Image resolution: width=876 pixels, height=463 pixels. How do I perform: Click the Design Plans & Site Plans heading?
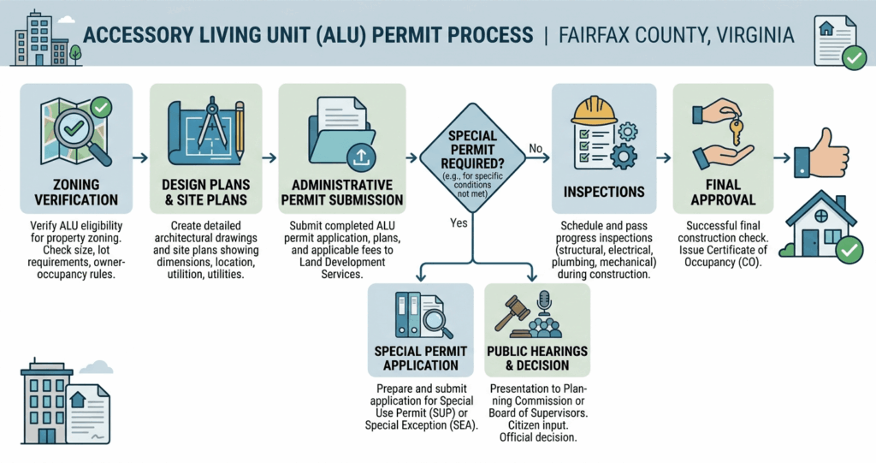(x=205, y=193)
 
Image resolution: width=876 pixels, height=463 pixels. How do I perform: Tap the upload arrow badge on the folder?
(x=360, y=157)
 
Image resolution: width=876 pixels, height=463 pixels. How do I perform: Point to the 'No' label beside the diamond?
(x=536, y=149)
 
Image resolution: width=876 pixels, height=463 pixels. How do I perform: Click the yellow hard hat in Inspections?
(x=595, y=110)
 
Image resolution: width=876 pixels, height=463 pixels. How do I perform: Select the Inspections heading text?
(x=603, y=191)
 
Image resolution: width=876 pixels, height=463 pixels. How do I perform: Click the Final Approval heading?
(x=723, y=193)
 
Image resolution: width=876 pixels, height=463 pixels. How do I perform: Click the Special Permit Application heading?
(x=420, y=358)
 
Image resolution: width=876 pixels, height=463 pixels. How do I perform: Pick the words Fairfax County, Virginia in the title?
(x=676, y=36)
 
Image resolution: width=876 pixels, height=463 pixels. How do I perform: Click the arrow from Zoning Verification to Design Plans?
(x=139, y=158)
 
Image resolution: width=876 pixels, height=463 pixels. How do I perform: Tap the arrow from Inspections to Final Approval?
(x=662, y=158)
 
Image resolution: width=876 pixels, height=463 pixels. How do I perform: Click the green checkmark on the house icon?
(x=846, y=250)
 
